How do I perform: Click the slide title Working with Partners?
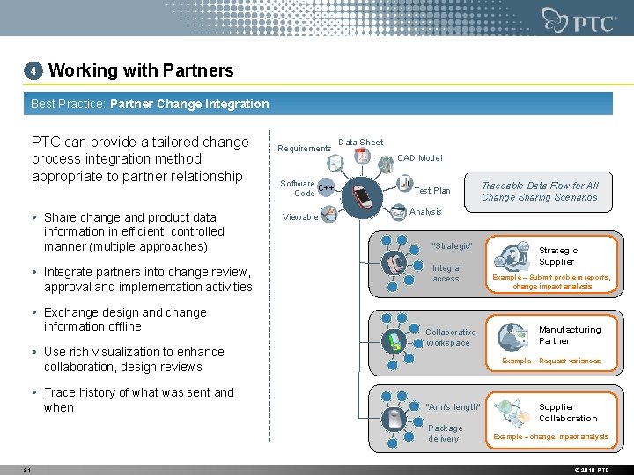pos(141,70)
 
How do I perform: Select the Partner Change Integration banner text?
pos(189,104)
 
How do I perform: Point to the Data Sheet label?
pos(360,142)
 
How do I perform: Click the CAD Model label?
pos(419,158)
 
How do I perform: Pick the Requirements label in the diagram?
pos(304,149)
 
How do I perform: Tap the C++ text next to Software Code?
pos(326,188)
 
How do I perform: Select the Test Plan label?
pos(431,191)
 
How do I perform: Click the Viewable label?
pos(300,217)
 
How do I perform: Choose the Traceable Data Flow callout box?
pos(539,192)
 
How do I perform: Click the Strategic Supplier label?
pos(557,256)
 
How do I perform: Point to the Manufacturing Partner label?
pos(569,335)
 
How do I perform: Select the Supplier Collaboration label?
pos(567,413)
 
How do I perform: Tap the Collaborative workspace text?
pos(450,338)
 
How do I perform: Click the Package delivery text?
pos(445,434)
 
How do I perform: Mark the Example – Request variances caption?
pos(550,361)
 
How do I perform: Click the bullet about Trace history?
pos(138,400)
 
